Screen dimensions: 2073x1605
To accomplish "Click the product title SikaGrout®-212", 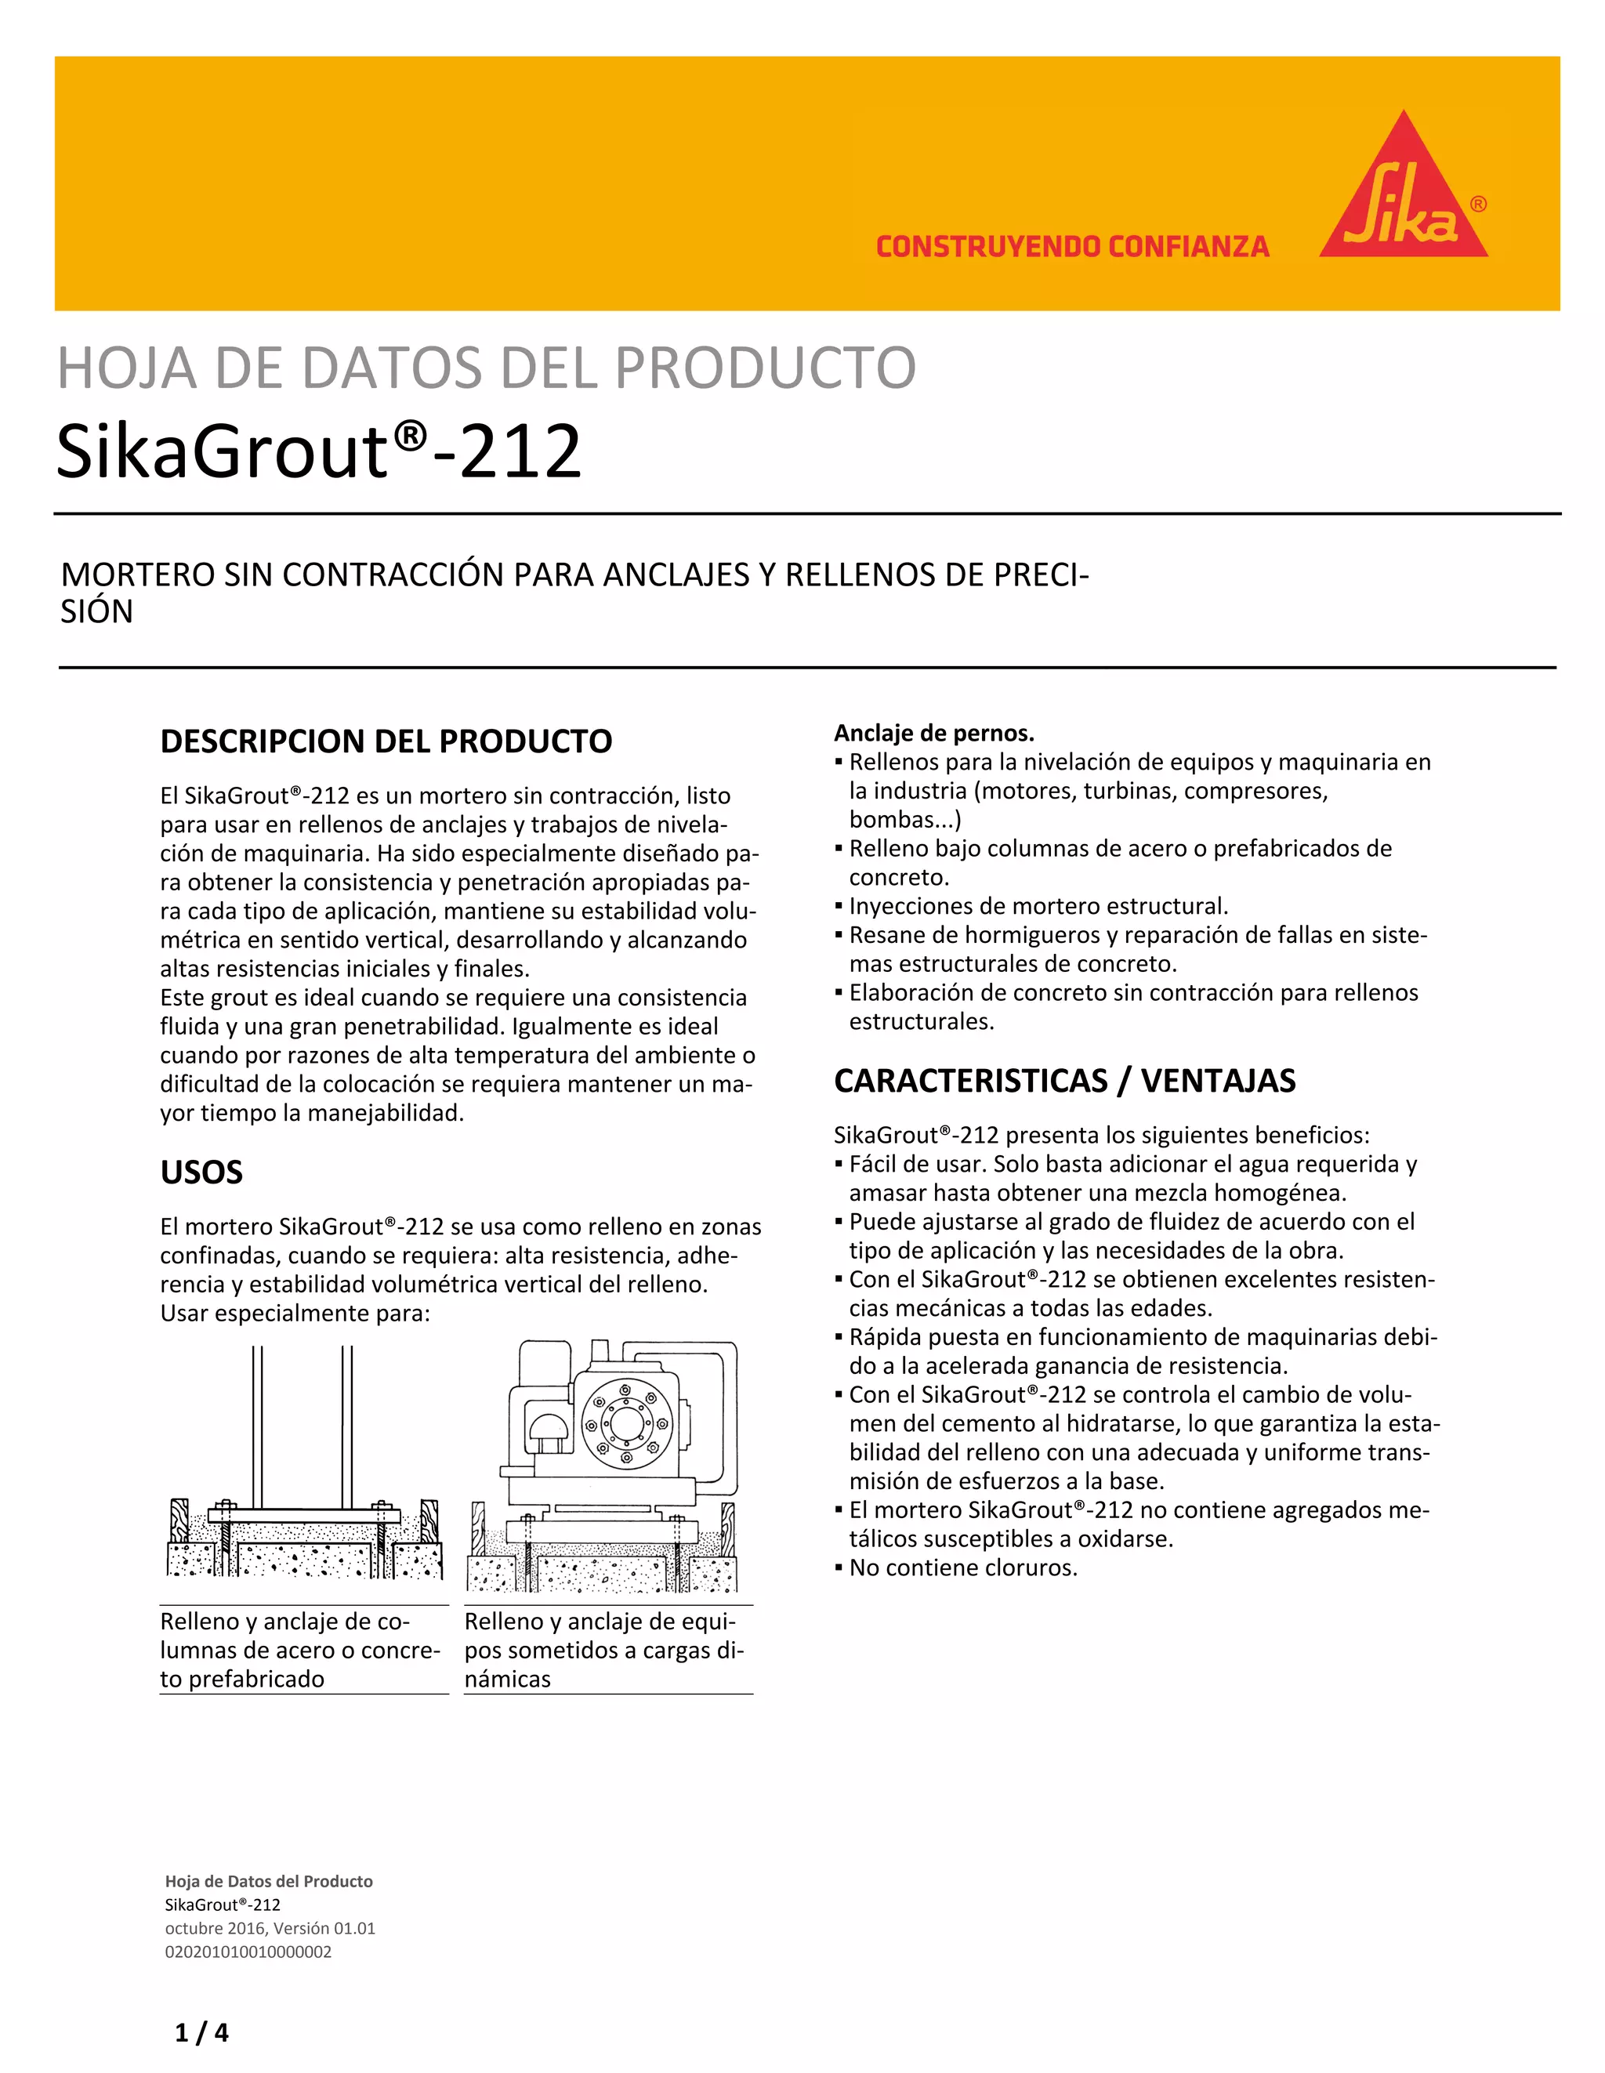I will pyautogui.click(x=319, y=451).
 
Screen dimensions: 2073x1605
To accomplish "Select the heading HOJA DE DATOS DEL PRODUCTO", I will pyautogui.click(x=486, y=368).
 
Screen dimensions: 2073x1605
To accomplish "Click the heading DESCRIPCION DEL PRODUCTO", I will pyautogui.click(x=386, y=741).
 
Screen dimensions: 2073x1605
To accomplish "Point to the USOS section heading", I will pyautogui.click(x=201, y=1172).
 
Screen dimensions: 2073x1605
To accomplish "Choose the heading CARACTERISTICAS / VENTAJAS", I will pyautogui.click(x=1064, y=1081).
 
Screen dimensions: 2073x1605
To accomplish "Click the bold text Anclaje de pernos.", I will pyautogui.click(x=934, y=733).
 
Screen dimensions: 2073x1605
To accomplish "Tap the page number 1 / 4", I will pyautogui.click(x=202, y=2032).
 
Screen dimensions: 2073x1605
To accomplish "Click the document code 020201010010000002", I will pyautogui.click(x=248, y=1952).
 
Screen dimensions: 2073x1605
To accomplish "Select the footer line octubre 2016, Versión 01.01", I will pyautogui.click(x=270, y=1928).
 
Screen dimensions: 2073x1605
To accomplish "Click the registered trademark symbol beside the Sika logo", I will pyautogui.click(x=1478, y=204).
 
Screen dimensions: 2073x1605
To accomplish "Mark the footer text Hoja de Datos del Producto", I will pyautogui.click(x=269, y=1881).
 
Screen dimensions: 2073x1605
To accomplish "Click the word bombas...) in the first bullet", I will pyautogui.click(x=904, y=819).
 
